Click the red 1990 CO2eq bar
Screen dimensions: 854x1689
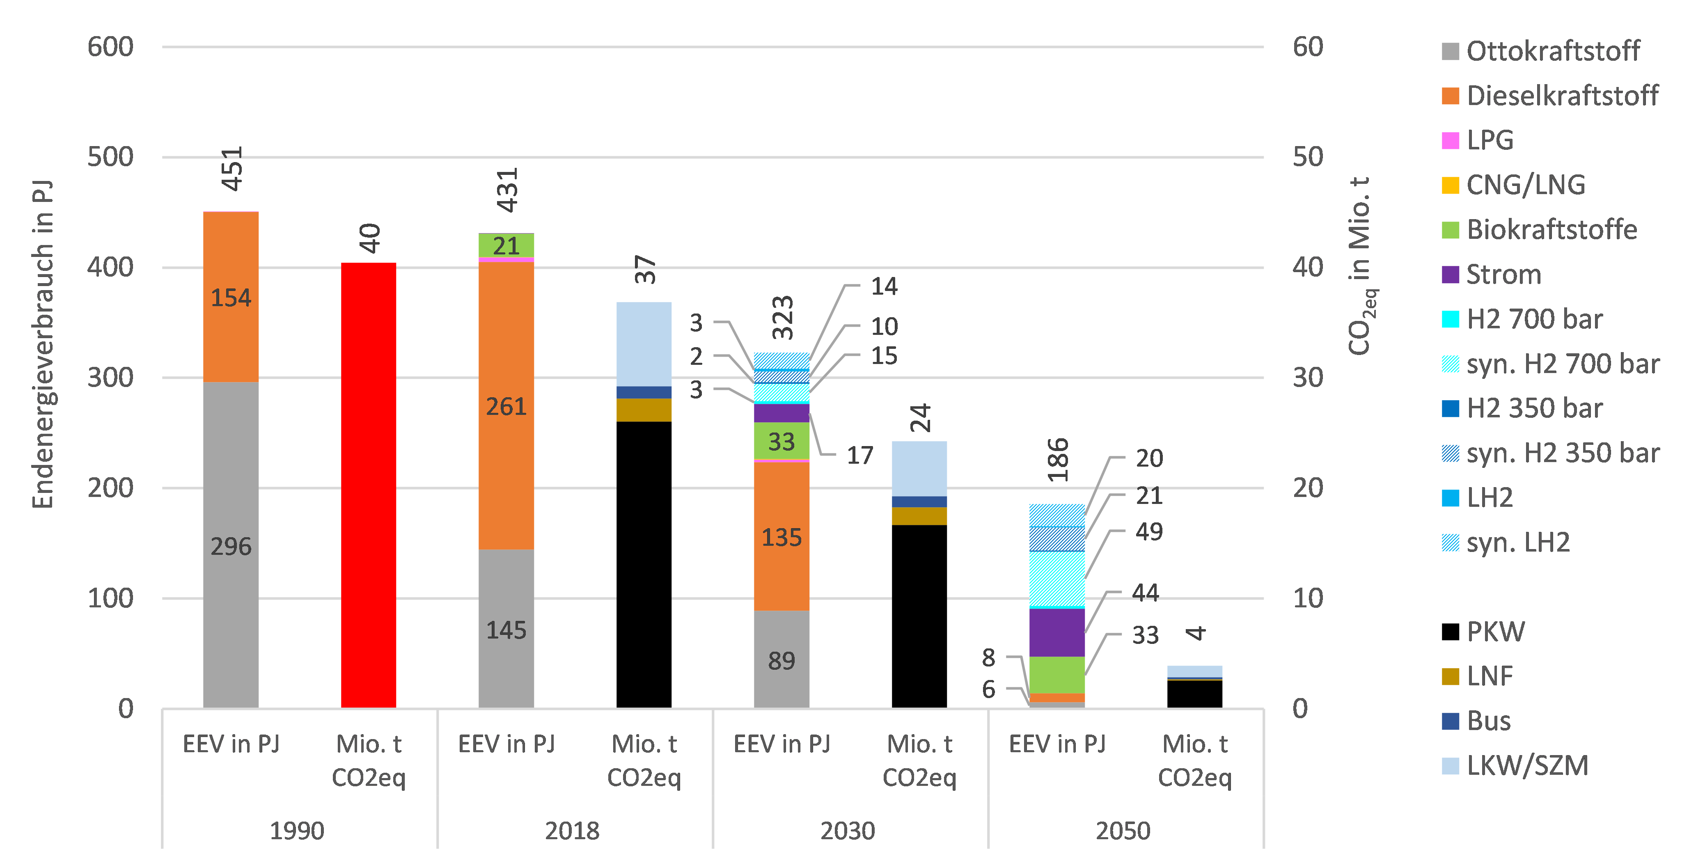[x=369, y=485]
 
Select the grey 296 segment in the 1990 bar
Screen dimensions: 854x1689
[x=231, y=544]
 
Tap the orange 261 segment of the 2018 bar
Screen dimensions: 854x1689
[x=506, y=406]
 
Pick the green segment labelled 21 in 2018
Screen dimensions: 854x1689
[x=506, y=246]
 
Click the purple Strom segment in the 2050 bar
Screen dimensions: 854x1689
[x=1057, y=632]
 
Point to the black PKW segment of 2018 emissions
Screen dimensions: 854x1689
[x=644, y=563]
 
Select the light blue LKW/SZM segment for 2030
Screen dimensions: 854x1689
[x=919, y=469]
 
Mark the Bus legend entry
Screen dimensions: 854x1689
[x=1488, y=721]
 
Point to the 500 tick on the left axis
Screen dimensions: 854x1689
[x=110, y=157]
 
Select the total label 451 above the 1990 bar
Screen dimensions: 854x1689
[x=232, y=169]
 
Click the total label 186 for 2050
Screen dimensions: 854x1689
[x=1058, y=460]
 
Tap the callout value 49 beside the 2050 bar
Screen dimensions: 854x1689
[x=1149, y=531]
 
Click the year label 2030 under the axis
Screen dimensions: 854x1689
[x=848, y=831]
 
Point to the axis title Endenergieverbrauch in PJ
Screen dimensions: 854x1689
[x=43, y=344]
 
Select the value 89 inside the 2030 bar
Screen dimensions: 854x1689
[x=781, y=661]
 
